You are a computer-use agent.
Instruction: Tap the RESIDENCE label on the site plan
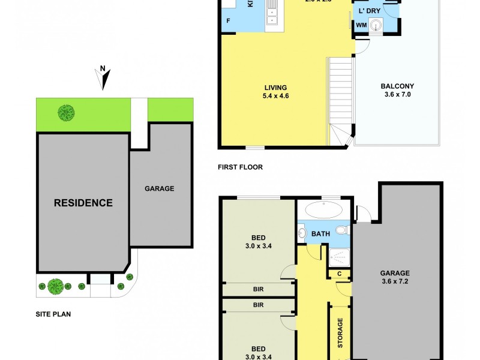click(83, 203)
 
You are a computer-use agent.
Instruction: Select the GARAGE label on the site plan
click(159, 188)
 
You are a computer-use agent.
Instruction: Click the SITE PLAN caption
click(53, 313)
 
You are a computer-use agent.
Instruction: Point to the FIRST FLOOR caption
click(240, 167)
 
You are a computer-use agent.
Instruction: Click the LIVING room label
click(275, 88)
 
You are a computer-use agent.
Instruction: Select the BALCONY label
click(397, 86)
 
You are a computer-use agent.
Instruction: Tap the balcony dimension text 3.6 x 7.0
click(397, 95)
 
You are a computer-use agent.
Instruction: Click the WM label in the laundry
click(361, 25)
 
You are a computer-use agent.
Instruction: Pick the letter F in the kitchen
click(228, 22)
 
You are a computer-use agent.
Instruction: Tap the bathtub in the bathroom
click(323, 211)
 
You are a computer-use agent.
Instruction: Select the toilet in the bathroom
click(341, 230)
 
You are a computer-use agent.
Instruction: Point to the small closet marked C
click(339, 274)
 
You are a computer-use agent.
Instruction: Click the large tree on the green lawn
click(66, 112)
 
